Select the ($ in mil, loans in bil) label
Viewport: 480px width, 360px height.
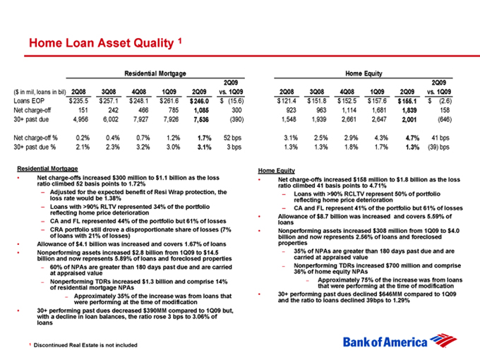[44, 91]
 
